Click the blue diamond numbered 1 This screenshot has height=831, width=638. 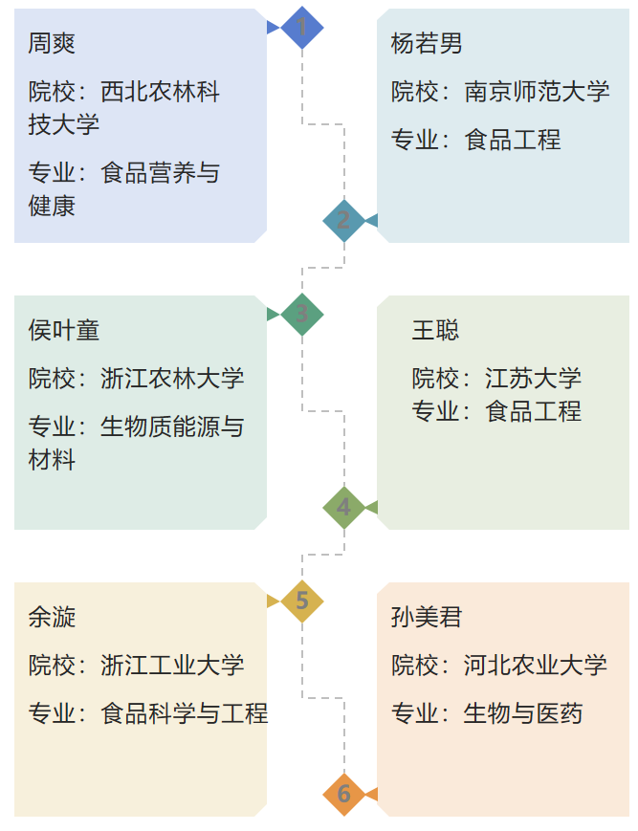[302, 27]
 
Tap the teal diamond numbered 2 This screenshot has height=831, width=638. [343, 220]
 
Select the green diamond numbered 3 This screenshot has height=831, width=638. [302, 314]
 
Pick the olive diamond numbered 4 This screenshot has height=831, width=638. [343, 507]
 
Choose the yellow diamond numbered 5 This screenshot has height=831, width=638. [302, 601]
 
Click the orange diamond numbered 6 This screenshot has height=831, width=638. [343, 794]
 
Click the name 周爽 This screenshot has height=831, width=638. [52, 43]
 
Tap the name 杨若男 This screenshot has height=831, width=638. [427, 43]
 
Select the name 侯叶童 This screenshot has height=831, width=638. [64, 330]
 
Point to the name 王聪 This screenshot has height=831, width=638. [435, 330]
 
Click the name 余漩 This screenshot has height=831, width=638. [52, 617]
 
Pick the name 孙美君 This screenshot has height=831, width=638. [427, 617]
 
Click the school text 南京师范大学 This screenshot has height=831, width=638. [537, 92]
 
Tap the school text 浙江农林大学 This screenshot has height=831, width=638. [172, 379]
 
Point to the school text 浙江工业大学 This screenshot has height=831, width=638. [172, 666]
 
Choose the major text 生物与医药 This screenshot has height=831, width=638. [523, 713]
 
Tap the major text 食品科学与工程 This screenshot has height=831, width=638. [184, 713]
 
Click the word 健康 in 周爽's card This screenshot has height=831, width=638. [52, 206]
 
